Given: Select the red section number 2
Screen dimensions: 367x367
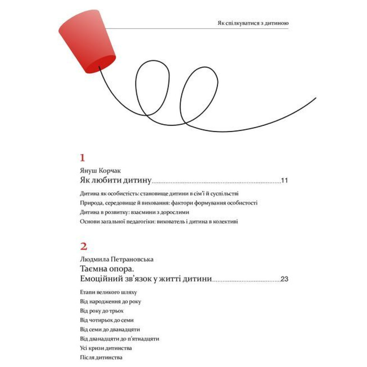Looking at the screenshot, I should pos(83,246).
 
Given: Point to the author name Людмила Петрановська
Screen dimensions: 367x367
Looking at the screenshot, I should pos(116,259).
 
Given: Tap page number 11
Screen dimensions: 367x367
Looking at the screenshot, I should pos(285,181).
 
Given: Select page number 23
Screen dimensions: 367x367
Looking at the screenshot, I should pos(284,279).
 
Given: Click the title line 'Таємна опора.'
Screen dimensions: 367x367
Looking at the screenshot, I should pos(108,269).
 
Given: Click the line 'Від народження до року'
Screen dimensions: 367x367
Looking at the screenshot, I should pos(110,302).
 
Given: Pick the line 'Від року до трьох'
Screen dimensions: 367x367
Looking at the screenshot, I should pos(99,311).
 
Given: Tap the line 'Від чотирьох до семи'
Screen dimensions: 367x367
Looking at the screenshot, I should pos(104,320).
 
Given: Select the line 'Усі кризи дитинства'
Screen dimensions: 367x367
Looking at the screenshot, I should pos(105,348).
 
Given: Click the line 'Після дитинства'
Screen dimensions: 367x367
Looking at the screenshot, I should pos(101,357).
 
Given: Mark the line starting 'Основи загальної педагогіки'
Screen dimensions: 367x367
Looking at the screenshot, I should pos(159,222).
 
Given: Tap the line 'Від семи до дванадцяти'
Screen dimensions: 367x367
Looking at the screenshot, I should pos(110,329).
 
